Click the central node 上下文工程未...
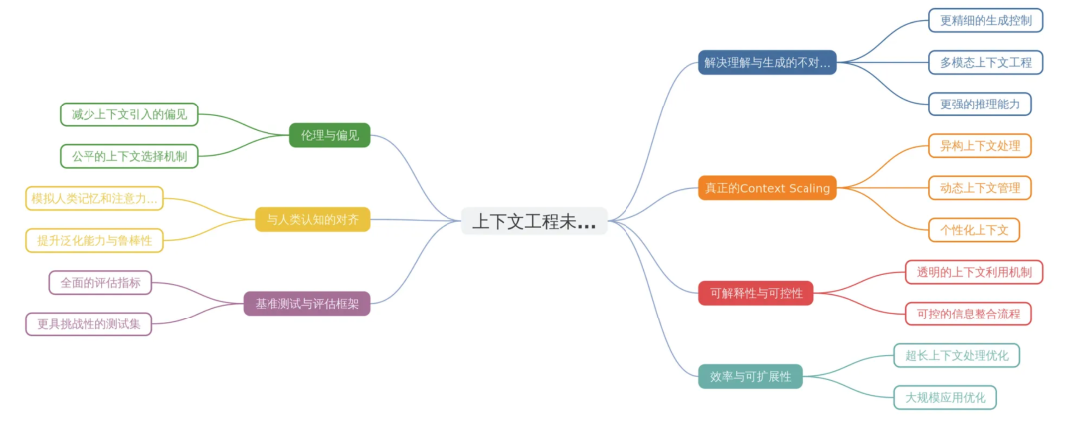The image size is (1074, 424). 534,221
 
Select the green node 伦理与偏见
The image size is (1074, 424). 329,135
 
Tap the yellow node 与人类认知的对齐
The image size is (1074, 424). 312,219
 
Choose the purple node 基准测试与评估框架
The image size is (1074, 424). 306,303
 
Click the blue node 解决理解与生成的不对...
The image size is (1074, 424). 767,62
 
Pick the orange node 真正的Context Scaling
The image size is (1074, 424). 767,187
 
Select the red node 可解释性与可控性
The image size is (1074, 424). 756,293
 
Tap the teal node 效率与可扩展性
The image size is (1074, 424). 751,376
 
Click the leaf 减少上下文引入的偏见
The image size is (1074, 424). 129,114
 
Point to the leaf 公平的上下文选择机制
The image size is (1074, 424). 129,156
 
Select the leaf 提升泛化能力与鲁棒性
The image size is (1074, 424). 94,240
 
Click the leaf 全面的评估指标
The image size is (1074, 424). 100,282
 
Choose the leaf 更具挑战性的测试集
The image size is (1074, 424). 89,323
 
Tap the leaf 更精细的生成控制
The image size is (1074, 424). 985,20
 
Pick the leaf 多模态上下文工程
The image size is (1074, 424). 985,62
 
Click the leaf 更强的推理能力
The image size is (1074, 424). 980,104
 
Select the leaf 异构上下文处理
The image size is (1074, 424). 980,146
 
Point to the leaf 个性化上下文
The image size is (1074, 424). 974,230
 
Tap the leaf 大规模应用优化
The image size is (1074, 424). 945,397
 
